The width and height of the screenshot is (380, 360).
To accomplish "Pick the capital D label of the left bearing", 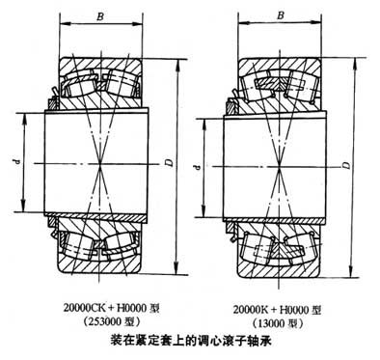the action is point(170,166).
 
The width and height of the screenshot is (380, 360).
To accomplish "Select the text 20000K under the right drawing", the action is point(254,308).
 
